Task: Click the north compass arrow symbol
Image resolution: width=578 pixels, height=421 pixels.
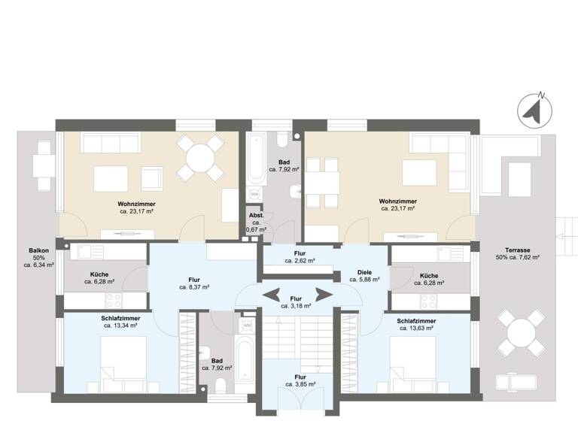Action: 535,111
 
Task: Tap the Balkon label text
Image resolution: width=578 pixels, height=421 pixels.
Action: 39,251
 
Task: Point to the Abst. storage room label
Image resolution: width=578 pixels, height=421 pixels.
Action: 256,215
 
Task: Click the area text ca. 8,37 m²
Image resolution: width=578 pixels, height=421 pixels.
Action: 193,287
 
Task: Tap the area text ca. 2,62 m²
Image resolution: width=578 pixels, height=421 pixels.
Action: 300,261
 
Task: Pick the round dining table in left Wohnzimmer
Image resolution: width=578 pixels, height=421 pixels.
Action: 200,159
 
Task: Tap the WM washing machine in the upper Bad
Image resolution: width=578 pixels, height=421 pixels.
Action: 254,195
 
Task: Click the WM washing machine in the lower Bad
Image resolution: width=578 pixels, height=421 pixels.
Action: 247,326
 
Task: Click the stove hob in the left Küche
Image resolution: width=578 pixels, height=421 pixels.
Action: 113,300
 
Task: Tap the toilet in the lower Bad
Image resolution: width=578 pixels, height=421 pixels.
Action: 221,386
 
